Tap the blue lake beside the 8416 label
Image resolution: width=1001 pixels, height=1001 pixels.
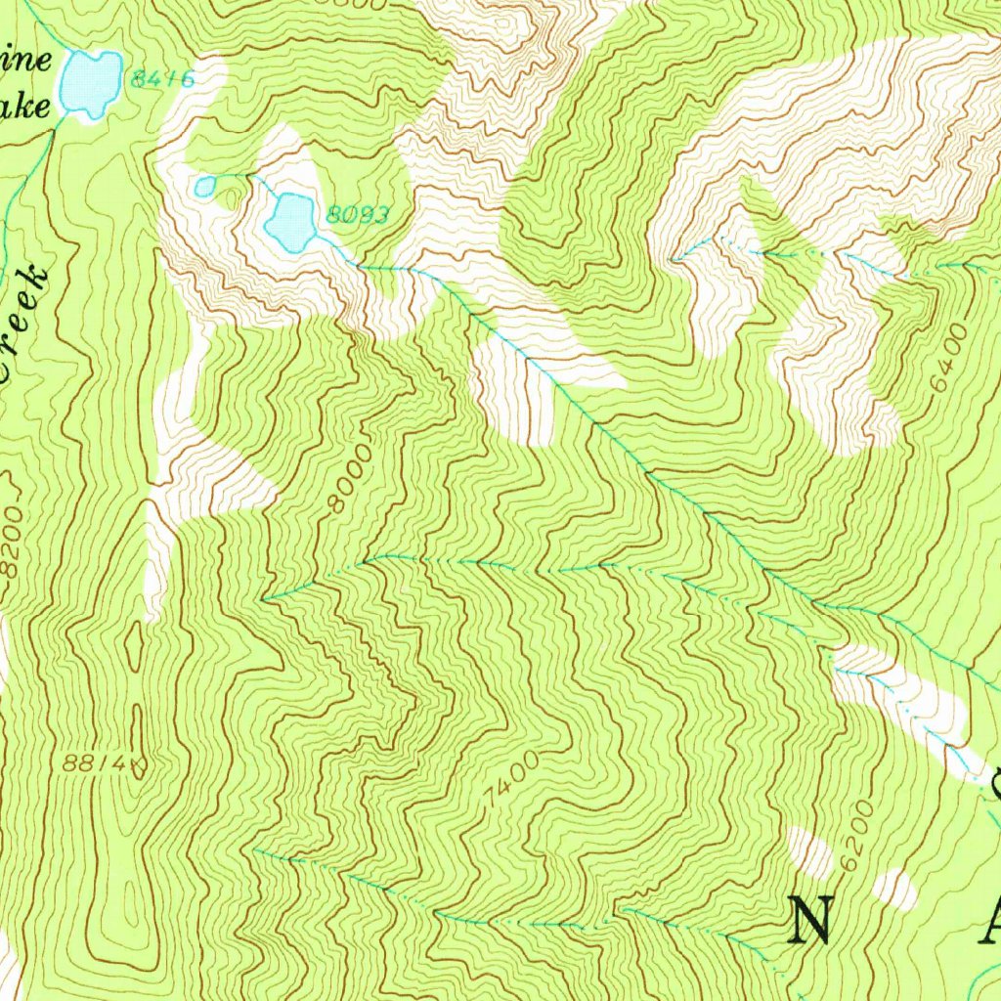[x=90, y=83]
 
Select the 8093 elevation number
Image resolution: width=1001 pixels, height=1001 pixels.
[x=358, y=215]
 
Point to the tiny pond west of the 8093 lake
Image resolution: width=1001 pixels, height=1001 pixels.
[x=204, y=186]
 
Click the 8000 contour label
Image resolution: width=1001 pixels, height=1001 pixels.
[x=349, y=478]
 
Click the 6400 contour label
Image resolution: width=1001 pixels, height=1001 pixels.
[x=947, y=359]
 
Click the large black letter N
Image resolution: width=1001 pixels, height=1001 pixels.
[x=810, y=921]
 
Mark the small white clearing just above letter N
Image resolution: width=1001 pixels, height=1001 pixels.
[x=809, y=850]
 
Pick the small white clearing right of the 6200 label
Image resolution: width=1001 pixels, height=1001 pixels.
[x=894, y=888]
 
